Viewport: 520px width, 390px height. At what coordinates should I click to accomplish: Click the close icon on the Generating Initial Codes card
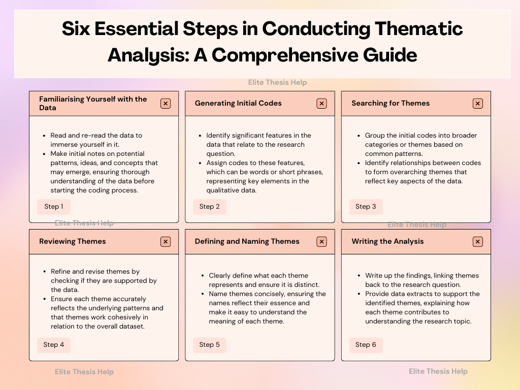click(x=321, y=104)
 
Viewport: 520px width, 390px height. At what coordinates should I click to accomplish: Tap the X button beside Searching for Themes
click(x=477, y=104)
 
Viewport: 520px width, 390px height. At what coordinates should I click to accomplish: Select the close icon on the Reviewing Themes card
click(x=166, y=242)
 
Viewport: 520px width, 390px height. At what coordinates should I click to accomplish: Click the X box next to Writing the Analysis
click(x=477, y=242)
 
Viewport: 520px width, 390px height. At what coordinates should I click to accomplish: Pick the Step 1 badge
click(x=54, y=207)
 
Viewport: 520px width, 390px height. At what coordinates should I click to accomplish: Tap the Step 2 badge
click(x=210, y=207)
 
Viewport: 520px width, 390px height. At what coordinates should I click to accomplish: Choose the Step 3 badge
click(x=366, y=207)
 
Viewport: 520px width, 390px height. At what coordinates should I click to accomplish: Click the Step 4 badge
click(x=54, y=345)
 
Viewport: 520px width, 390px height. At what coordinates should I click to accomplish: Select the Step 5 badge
click(x=210, y=345)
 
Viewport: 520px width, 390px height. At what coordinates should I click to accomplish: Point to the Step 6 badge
click(x=366, y=345)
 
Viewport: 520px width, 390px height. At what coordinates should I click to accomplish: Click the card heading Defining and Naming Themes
click(x=247, y=241)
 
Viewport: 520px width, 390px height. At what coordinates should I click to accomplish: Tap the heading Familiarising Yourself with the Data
click(x=93, y=103)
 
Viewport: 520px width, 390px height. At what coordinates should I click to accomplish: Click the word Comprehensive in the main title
click(x=285, y=55)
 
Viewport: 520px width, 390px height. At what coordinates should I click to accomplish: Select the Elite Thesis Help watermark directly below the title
click(x=278, y=82)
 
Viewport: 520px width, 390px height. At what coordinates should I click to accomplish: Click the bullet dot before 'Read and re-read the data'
click(x=44, y=136)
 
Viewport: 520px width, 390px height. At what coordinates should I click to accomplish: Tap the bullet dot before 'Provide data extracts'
click(x=359, y=294)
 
